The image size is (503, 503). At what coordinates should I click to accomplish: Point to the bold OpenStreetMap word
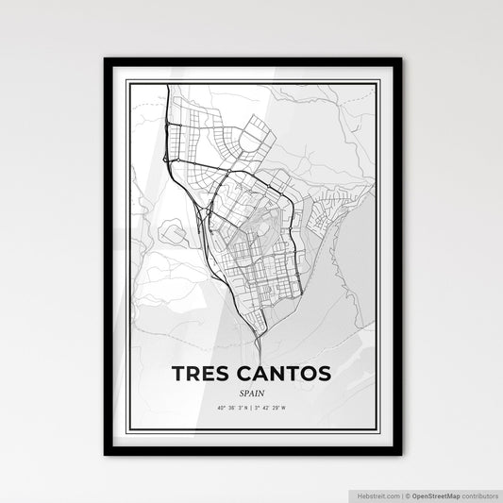coord(434,494)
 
